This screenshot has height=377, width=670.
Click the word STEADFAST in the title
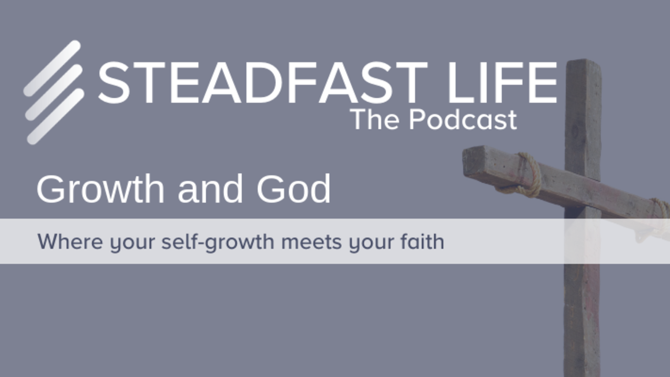pos(263,83)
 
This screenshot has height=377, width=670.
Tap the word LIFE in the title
pos(502,83)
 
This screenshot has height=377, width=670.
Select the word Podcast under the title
pos(463,119)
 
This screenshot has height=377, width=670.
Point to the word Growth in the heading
pos(100,189)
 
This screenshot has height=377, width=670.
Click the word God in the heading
pos(294,189)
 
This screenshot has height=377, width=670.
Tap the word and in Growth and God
pos(210,189)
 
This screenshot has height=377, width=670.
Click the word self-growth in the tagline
pos(218,242)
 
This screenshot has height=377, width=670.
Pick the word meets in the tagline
pos(311,242)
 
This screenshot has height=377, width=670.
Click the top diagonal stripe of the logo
pos(52,69)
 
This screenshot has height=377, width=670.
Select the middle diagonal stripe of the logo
pos(54,93)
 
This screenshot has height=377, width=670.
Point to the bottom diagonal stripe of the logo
pos(55,117)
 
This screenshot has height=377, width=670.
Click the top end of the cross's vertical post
pos(583,61)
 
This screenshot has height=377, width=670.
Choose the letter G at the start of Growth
pos(51,189)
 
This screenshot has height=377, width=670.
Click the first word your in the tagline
pos(132,244)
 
